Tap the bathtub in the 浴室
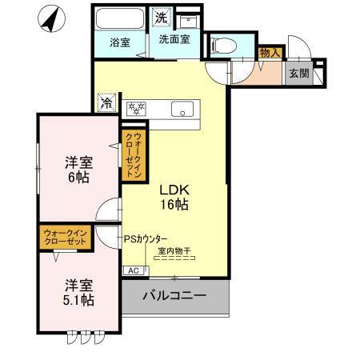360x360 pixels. pos(118,18)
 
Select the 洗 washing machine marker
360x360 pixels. pos(161,16)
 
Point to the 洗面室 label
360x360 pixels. pos(174,38)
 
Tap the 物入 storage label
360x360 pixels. pos(270,53)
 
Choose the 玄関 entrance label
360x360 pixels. pos(298,73)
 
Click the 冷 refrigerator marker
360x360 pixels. pos(106,103)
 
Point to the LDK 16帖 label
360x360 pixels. pos(174,198)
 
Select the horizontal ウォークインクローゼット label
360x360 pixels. pos(67,238)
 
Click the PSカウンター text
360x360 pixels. pos(146,239)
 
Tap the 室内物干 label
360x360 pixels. pos(174,252)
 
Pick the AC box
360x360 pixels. pos(133,271)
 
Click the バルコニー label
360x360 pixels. pos(174,296)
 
